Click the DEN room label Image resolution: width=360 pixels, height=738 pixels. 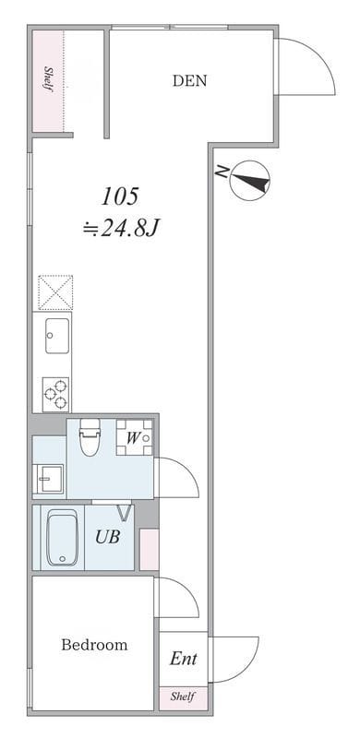189,80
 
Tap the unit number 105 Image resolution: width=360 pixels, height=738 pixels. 121,196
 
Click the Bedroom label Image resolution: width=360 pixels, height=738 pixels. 94,644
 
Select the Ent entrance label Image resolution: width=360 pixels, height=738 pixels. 184,659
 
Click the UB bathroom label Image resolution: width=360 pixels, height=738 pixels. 107,537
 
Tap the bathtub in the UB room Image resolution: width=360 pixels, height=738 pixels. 62,538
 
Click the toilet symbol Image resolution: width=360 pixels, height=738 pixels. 90,436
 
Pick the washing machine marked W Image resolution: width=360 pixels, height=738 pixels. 134,437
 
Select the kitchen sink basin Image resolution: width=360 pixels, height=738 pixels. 57,336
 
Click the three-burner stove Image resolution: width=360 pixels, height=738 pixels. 55,395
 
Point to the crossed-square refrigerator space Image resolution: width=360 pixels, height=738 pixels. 55,292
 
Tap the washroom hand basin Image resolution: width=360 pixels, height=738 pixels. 49,478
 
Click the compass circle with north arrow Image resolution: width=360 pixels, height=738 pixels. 250,181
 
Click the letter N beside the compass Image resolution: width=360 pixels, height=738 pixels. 221,171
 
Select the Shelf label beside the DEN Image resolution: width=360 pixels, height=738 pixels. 48,79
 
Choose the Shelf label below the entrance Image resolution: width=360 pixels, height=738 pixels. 183,696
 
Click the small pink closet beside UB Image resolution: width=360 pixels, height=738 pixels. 150,550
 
